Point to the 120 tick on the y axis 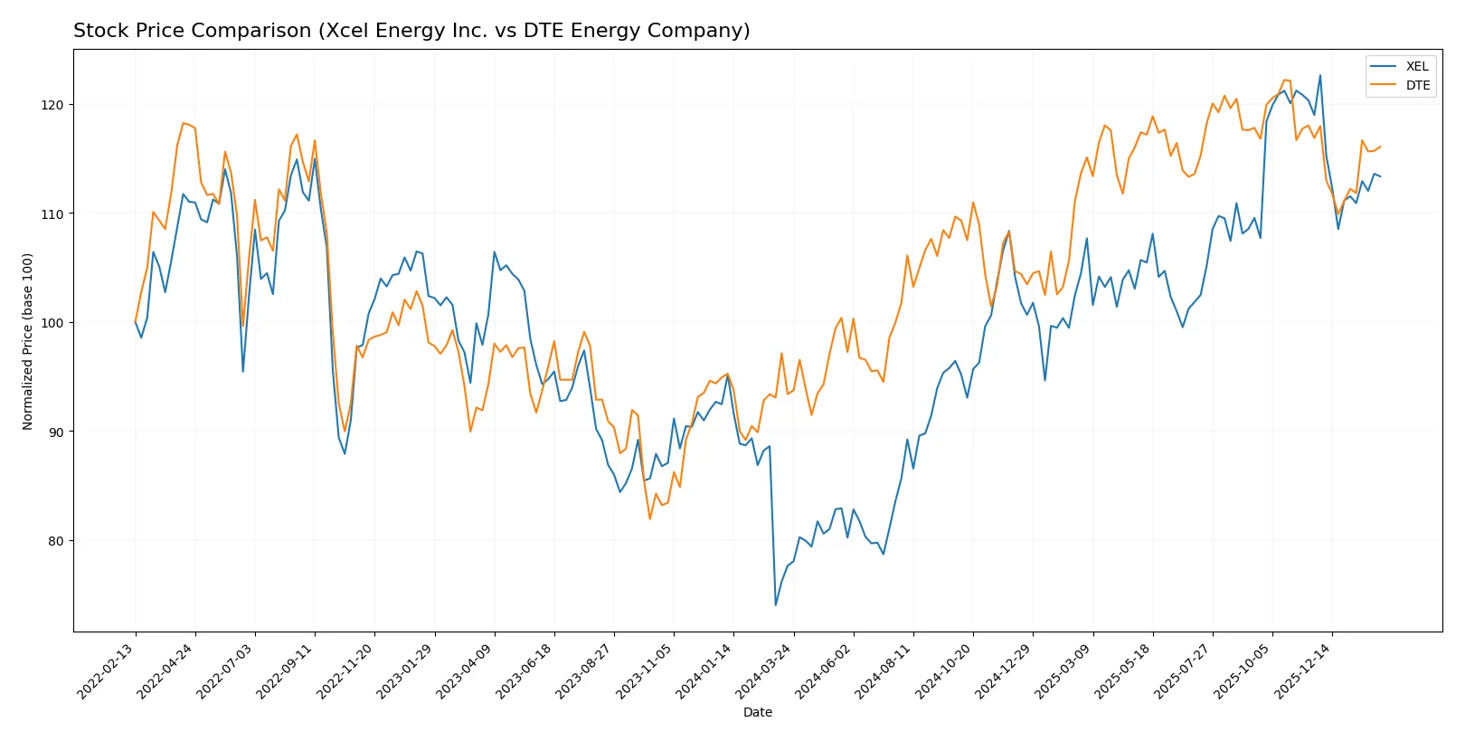point(52,105)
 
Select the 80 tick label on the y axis point(56,541)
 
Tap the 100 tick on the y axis point(52,323)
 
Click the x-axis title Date point(757,712)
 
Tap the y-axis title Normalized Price point(28,341)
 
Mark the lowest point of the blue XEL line point(775,605)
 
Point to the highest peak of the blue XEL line point(1319,75)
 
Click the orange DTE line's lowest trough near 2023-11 point(649,518)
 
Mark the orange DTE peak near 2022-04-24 point(184,123)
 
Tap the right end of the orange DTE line point(1380,147)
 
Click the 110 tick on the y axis point(52,214)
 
